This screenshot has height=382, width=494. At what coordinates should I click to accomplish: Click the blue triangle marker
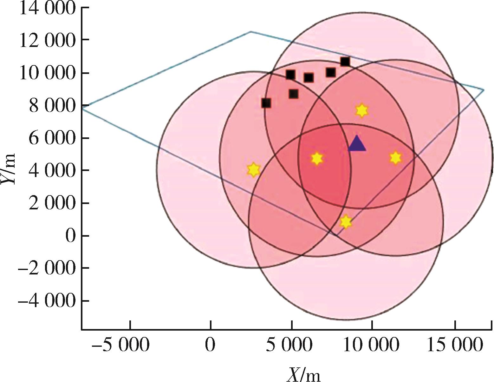point(357,144)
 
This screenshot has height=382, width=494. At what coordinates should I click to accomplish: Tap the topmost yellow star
point(361,110)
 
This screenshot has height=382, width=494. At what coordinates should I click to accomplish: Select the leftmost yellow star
point(254,170)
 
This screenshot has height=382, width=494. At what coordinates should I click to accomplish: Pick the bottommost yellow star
point(346,221)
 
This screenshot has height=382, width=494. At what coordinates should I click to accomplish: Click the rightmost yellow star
point(395,158)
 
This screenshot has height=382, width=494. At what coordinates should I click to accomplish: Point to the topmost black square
point(345,62)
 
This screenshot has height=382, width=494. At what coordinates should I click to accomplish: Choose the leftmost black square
point(266,103)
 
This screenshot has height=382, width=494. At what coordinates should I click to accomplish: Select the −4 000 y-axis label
point(47,301)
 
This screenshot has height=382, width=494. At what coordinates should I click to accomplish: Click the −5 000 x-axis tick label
point(120,345)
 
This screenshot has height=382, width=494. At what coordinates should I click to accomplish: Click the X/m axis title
point(303,374)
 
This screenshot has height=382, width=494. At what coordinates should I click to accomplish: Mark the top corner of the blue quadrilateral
point(250,32)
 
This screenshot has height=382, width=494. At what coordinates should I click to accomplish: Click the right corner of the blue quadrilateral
point(484,90)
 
